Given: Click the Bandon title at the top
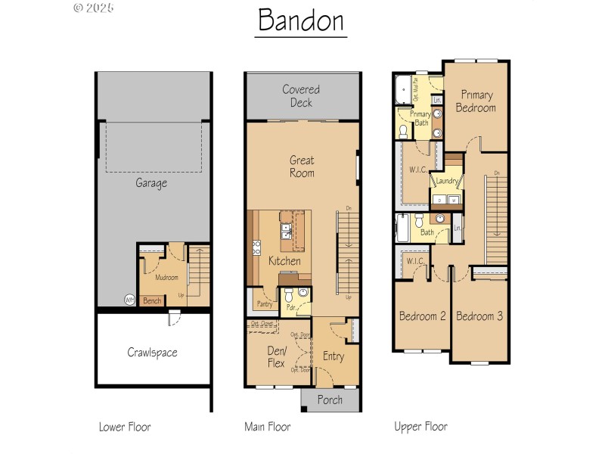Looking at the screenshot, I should click(x=301, y=20).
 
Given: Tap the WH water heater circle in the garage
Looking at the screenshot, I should click(x=130, y=299).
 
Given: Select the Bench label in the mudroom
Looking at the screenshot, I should click(x=152, y=300).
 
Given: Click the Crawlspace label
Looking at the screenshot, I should click(x=151, y=353).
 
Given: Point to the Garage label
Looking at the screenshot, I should click(x=151, y=182).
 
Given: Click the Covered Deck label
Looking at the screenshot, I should click(x=301, y=96).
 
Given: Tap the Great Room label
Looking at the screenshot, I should click(x=302, y=166).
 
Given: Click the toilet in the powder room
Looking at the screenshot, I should click(x=302, y=294).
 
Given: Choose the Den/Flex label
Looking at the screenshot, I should click(x=276, y=357).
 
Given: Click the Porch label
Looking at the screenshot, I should click(x=329, y=400).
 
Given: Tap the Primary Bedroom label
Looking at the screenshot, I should click(x=476, y=101).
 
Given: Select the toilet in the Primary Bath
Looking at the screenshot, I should click(x=404, y=132).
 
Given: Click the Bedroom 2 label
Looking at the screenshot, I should click(x=422, y=316).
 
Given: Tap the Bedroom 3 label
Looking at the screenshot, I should click(x=479, y=316).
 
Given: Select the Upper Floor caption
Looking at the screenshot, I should click(x=420, y=427).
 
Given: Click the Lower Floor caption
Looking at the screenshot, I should click(x=125, y=427).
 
